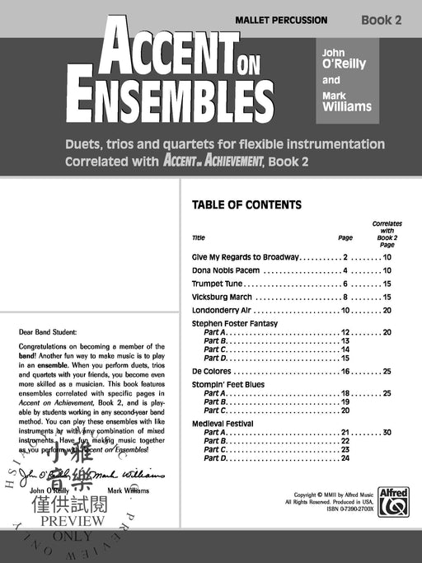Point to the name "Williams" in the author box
pos(335,106)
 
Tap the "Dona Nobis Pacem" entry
pos(226,270)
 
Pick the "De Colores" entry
pos(211,373)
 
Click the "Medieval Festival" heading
pos(223,423)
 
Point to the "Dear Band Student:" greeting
pos(49,331)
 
